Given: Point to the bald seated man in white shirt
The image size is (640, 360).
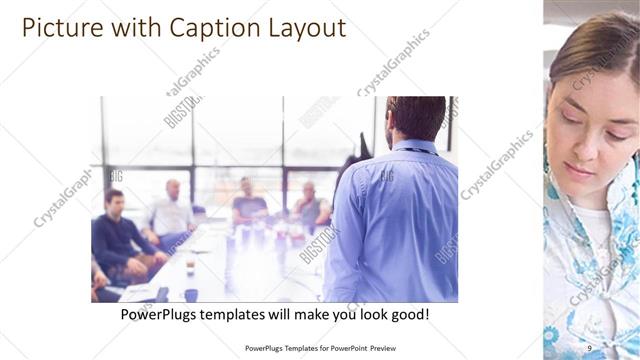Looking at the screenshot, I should click(172, 210).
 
